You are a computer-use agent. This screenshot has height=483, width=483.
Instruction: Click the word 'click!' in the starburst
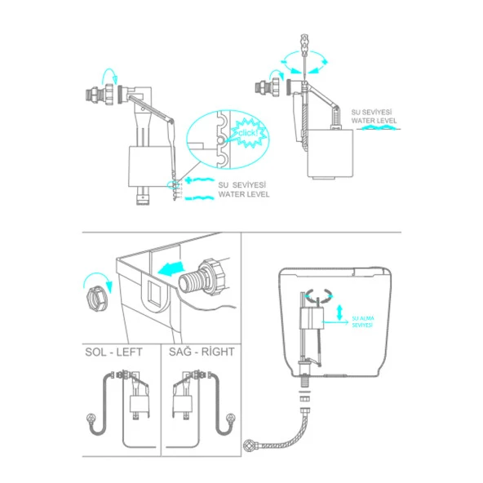tap(248, 133)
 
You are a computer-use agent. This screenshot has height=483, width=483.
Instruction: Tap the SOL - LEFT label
tap(113, 352)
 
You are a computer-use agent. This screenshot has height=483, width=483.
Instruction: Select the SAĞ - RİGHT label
tap(202, 352)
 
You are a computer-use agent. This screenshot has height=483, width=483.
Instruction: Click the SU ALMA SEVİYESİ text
tap(363, 321)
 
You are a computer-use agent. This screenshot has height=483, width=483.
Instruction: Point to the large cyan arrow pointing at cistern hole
tap(171, 268)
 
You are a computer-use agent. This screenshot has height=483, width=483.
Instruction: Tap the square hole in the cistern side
tap(155, 294)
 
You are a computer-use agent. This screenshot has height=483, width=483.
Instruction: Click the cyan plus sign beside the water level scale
tap(188, 179)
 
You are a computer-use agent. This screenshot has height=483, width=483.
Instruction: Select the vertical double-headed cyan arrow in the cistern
tap(339, 312)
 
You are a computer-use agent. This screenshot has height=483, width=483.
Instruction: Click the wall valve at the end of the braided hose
tap(249, 445)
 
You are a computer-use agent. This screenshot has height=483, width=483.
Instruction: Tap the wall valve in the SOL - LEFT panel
tap(91, 419)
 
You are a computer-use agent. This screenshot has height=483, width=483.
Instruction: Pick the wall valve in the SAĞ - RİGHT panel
tap(230, 419)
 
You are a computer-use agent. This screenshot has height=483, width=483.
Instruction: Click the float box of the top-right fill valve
tap(330, 153)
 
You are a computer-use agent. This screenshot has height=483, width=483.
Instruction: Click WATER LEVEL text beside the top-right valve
tap(374, 121)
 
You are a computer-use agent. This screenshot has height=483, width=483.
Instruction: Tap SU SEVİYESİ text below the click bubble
tap(242, 185)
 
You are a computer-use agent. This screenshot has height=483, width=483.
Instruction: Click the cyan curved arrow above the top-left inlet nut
tap(109, 75)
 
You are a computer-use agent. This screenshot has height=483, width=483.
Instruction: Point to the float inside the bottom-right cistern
tap(312, 319)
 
